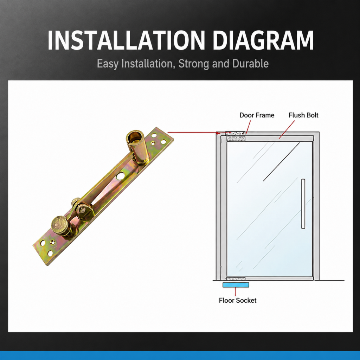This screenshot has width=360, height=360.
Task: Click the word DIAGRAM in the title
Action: (263, 40)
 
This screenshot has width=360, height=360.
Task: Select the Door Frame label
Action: (257, 115)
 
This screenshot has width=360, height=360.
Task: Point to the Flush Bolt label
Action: (303, 115)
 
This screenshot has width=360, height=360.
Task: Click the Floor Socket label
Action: (237, 300)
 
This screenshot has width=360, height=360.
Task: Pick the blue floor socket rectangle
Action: (236, 285)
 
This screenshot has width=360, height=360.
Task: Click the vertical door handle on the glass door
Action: (303, 204)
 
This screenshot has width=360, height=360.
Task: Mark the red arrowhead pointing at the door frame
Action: (218, 133)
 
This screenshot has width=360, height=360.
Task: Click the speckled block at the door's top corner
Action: (235, 133)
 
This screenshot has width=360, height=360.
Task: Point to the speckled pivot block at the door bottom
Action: (236, 279)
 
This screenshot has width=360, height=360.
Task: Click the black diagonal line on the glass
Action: (282, 162)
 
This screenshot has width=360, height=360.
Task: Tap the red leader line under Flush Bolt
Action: (287, 130)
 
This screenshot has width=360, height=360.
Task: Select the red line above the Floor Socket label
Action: (235, 291)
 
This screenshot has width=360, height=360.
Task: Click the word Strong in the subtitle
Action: (194, 64)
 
